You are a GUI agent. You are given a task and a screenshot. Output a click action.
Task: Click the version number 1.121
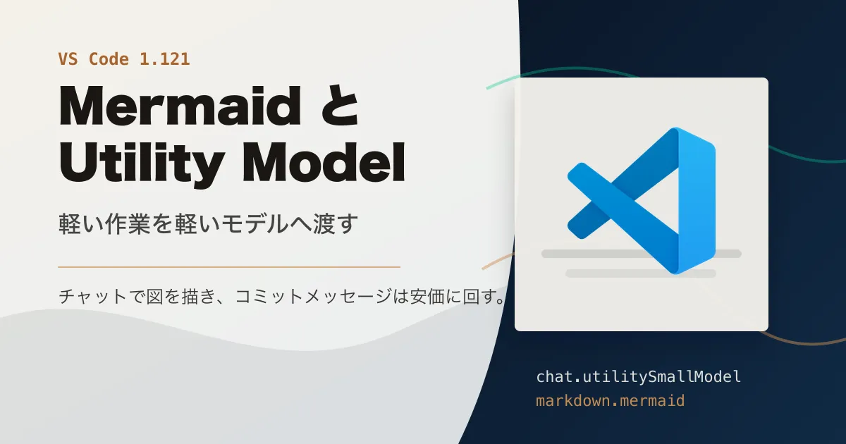[165, 59]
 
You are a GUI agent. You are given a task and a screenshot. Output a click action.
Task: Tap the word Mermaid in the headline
[180, 106]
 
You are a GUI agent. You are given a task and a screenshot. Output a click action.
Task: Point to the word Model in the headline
[324, 162]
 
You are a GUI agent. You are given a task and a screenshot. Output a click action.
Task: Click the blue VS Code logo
[642, 201]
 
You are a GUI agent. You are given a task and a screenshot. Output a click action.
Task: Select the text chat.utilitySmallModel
[638, 377]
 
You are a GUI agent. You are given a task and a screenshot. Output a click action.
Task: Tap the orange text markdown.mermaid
[611, 400]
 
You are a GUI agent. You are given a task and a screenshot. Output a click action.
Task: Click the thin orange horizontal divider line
[229, 267]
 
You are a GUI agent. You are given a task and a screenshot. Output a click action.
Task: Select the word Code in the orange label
[109, 59]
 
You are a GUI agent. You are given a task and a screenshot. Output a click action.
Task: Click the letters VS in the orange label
[68, 59]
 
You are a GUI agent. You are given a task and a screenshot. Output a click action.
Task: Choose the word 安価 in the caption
[427, 297]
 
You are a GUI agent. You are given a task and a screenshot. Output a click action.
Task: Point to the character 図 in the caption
[155, 297]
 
